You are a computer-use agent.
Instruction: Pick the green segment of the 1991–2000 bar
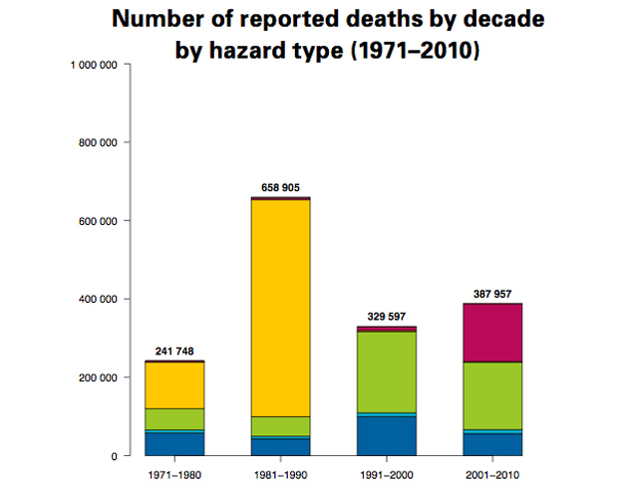point(386,371)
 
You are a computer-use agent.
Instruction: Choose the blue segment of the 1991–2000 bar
point(386,435)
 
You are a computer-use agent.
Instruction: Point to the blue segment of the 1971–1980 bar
point(174,444)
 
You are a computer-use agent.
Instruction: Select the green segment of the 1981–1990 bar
point(280,426)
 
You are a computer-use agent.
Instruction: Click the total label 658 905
point(280,188)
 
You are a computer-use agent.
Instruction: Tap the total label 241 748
point(174,352)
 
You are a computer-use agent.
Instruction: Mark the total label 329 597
point(386,317)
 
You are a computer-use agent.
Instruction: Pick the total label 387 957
point(491,294)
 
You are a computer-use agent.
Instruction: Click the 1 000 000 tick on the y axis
point(97,65)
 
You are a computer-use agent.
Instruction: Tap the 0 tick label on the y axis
point(117,456)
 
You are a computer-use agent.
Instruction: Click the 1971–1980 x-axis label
point(174,474)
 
